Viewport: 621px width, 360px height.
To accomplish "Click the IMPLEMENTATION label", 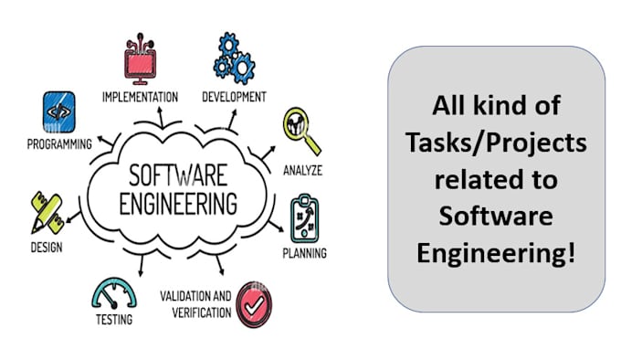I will point(140,96).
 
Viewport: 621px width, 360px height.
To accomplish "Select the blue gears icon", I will point(233,56).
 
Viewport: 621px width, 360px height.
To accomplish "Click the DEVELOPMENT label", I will point(234,96).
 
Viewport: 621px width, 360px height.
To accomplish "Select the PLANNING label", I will point(304,253).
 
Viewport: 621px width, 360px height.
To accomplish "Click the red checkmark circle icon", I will point(254,302).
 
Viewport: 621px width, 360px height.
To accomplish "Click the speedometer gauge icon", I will point(114,292).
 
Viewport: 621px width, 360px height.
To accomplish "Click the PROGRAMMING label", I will point(59,143).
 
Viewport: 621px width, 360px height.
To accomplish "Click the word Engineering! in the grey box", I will point(496,249).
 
